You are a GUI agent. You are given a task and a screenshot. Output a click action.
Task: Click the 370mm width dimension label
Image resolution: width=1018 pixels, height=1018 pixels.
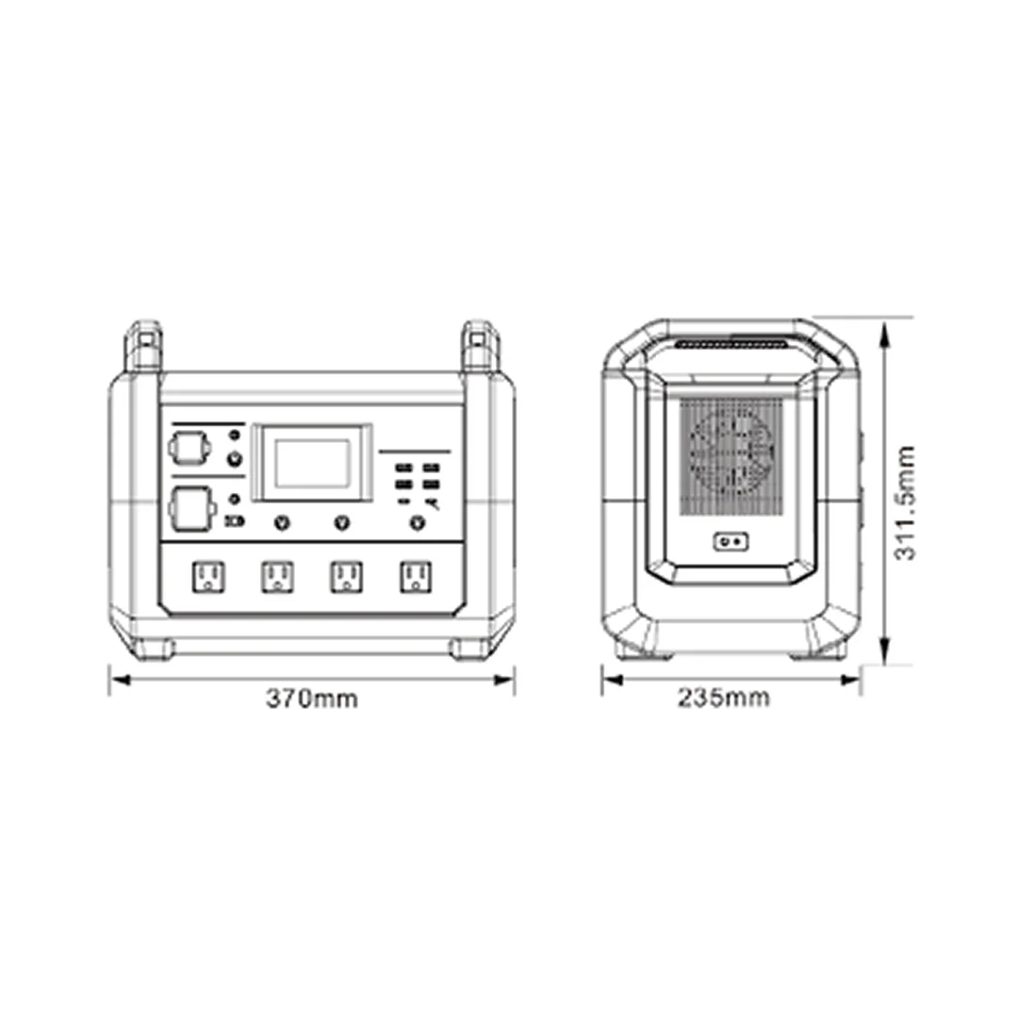click(x=312, y=698)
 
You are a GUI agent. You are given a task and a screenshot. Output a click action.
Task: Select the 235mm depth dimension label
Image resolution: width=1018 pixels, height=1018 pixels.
click(x=724, y=698)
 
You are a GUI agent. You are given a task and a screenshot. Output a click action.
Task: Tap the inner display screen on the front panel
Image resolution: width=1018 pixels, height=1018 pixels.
click(x=312, y=463)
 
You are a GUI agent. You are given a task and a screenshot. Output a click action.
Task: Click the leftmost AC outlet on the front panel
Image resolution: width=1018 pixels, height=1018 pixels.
click(x=208, y=577)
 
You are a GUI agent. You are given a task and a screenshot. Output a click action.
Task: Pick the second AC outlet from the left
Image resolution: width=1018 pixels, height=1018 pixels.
click(x=277, y=577)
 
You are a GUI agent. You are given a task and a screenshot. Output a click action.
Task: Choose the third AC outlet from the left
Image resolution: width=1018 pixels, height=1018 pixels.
click(x=347, y=577)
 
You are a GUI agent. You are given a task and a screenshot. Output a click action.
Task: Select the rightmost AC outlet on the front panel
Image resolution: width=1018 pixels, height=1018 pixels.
click(x=417, y=577)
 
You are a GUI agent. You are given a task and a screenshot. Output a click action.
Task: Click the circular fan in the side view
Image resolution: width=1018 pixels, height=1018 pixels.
click(x=731, y=453)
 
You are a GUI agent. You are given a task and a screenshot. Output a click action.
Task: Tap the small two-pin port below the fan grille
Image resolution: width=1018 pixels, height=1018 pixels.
click(x=731, y=541)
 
